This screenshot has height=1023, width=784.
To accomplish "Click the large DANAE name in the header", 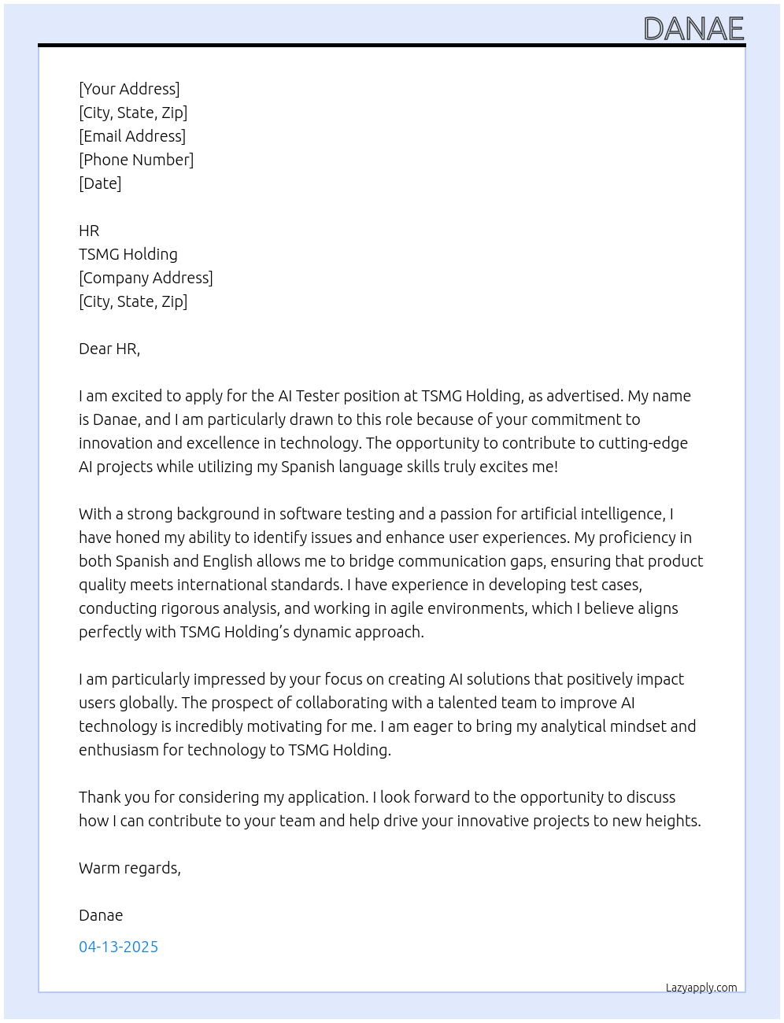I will pyautogui.click(x=693, y=29).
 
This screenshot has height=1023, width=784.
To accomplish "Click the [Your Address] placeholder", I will pyautogui.click(x=129, y=89).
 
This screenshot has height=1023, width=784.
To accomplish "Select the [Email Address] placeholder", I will pyautogui.click(x=132, y=136).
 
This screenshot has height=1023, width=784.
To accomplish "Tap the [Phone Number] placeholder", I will pyautogui.click(x=136, y=160).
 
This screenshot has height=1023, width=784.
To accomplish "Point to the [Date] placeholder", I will pyautogui.click(x=100, y=183).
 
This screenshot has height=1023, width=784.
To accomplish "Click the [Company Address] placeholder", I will pyautogui.click(x=146, y=278).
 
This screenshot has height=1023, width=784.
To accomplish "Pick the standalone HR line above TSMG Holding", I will pyautogui.click(x=89, y=231).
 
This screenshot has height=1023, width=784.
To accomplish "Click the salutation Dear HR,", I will pyautogui.click(x=109, y=349).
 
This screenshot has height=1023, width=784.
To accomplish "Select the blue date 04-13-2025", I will pyautogui.click(x=118, y=947).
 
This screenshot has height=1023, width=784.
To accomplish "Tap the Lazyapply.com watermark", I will pyautogui.click(x=701, y=988).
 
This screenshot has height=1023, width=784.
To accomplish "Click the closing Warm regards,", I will pyautogui.click(x=130, y=868).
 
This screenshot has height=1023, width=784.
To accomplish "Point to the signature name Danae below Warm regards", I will pyautogui.click(x=101, y=915).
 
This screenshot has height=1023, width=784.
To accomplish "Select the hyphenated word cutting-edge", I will pyautogui.click(x=643, y=443).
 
